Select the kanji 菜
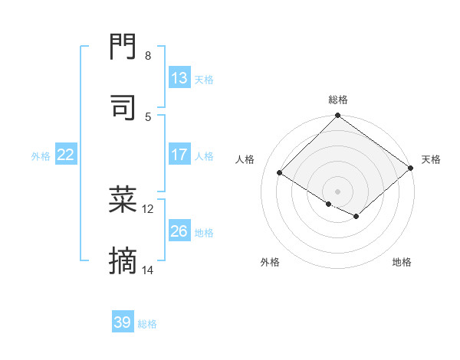point(123,200)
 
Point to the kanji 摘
point(123,263)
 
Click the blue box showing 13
point(179,78)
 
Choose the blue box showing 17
point(179,155)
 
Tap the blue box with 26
point(179,231)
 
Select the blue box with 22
point(66,155)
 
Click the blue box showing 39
point(123,322)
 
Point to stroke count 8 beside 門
point(148,56)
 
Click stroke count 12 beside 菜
point(148,208)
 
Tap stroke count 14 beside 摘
point(148,270)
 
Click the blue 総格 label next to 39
point(147,324)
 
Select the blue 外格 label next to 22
point(41,155)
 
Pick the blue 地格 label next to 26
point(204,233)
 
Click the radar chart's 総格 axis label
point(338,100)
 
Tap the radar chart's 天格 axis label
point(431,159)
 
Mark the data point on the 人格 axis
point(280,172)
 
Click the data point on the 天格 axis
point(411,168)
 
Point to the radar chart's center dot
point(338,191)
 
